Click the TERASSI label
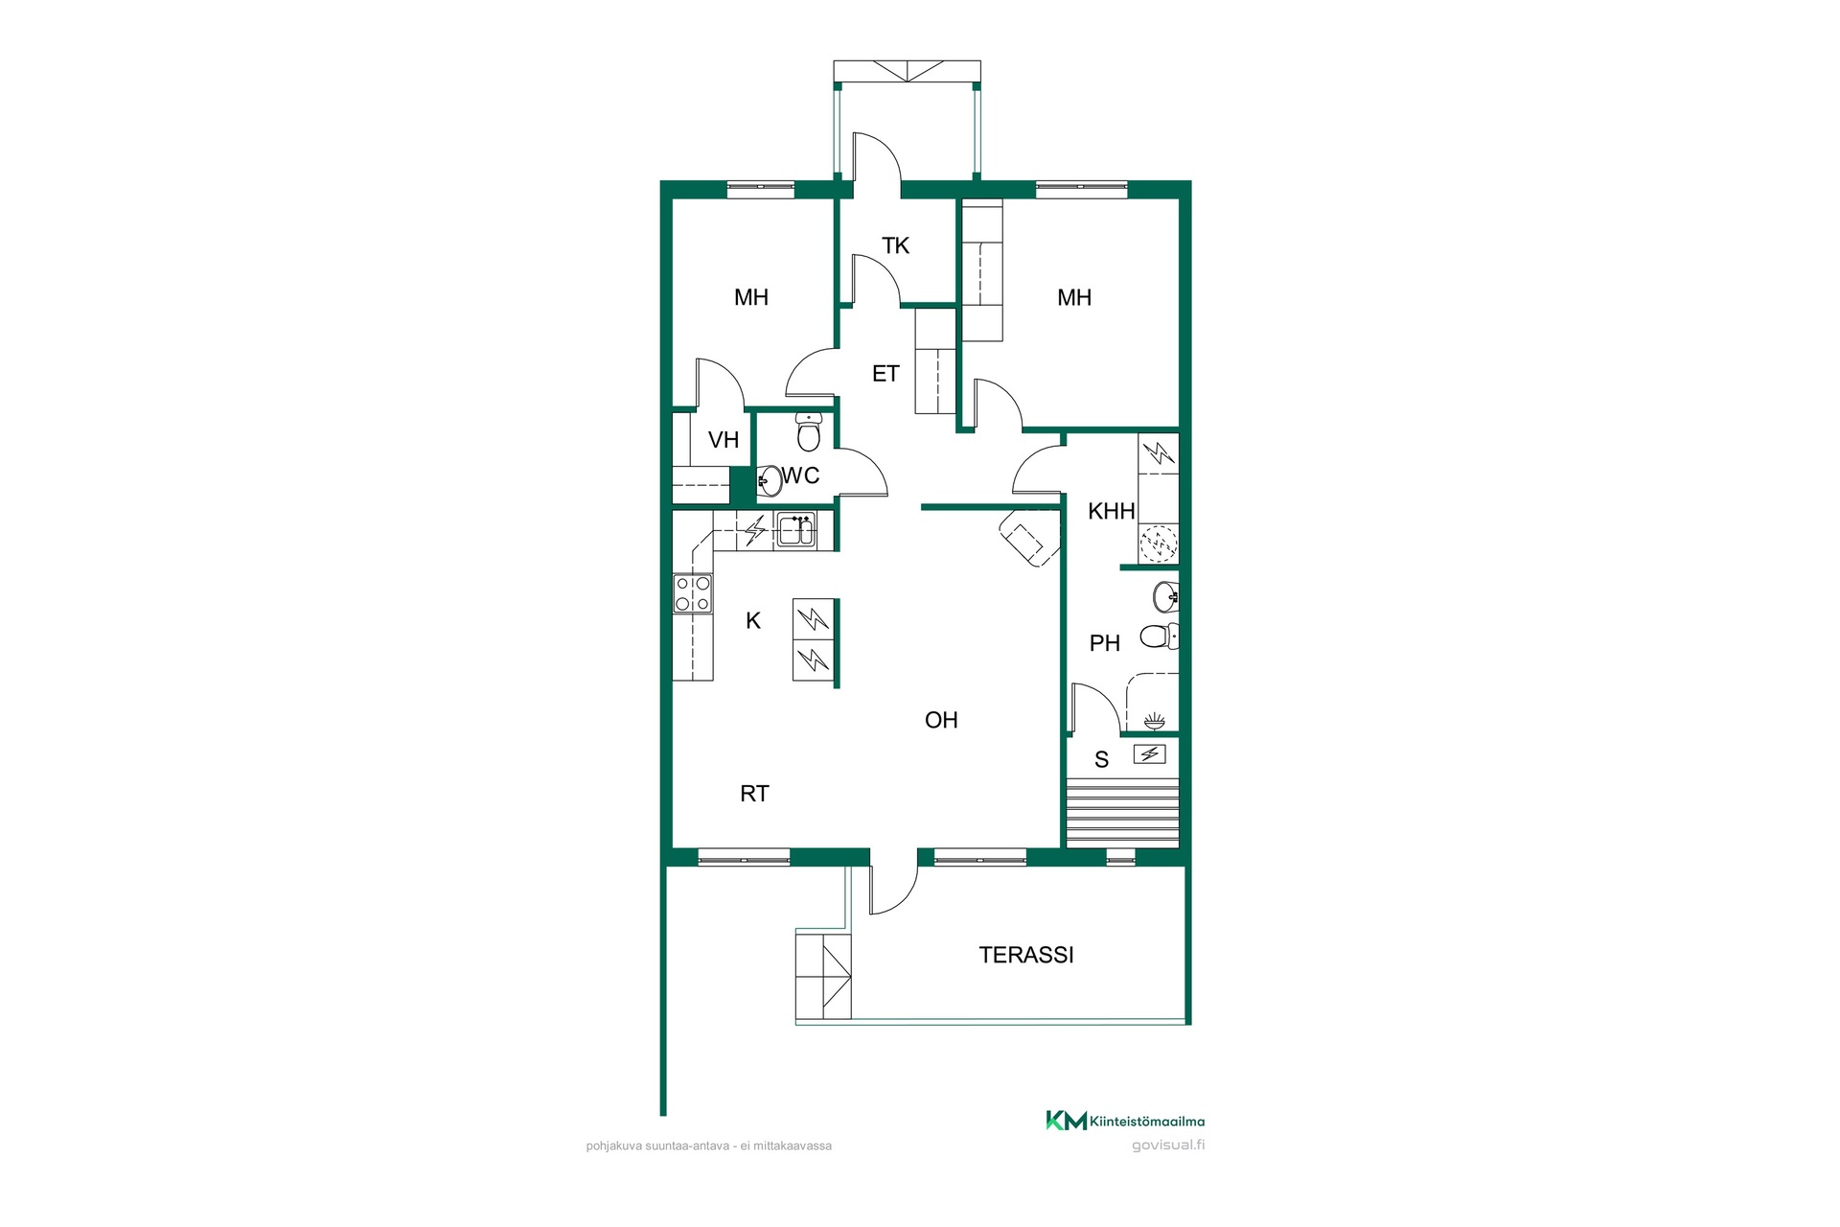1025,955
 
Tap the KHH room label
1112,511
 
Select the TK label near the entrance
895,245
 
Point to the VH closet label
724,440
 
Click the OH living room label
941,720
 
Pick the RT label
754,794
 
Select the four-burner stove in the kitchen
693,593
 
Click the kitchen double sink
795,529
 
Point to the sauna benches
1122,814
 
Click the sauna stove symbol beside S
1150,754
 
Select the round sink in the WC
770,480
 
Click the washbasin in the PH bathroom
1165,596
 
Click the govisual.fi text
1168,1146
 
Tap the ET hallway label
885,374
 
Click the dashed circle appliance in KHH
1159,544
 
